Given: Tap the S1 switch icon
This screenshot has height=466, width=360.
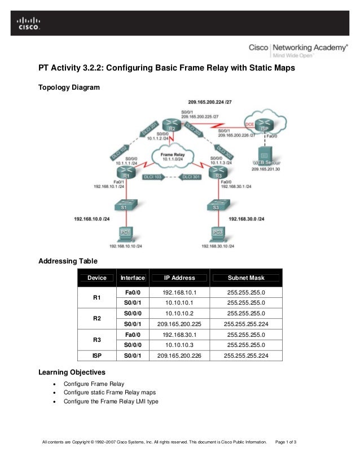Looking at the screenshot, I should point(124,206).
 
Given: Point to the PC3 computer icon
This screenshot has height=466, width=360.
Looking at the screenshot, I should point(218,232).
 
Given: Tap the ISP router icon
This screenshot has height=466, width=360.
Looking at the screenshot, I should point(262,125).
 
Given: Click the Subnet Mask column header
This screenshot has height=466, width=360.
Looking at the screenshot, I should point(245,278).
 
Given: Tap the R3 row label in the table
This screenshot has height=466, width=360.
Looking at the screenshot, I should point(96,340).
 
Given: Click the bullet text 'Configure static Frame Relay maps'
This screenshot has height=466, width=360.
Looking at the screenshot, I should point(109,392).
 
